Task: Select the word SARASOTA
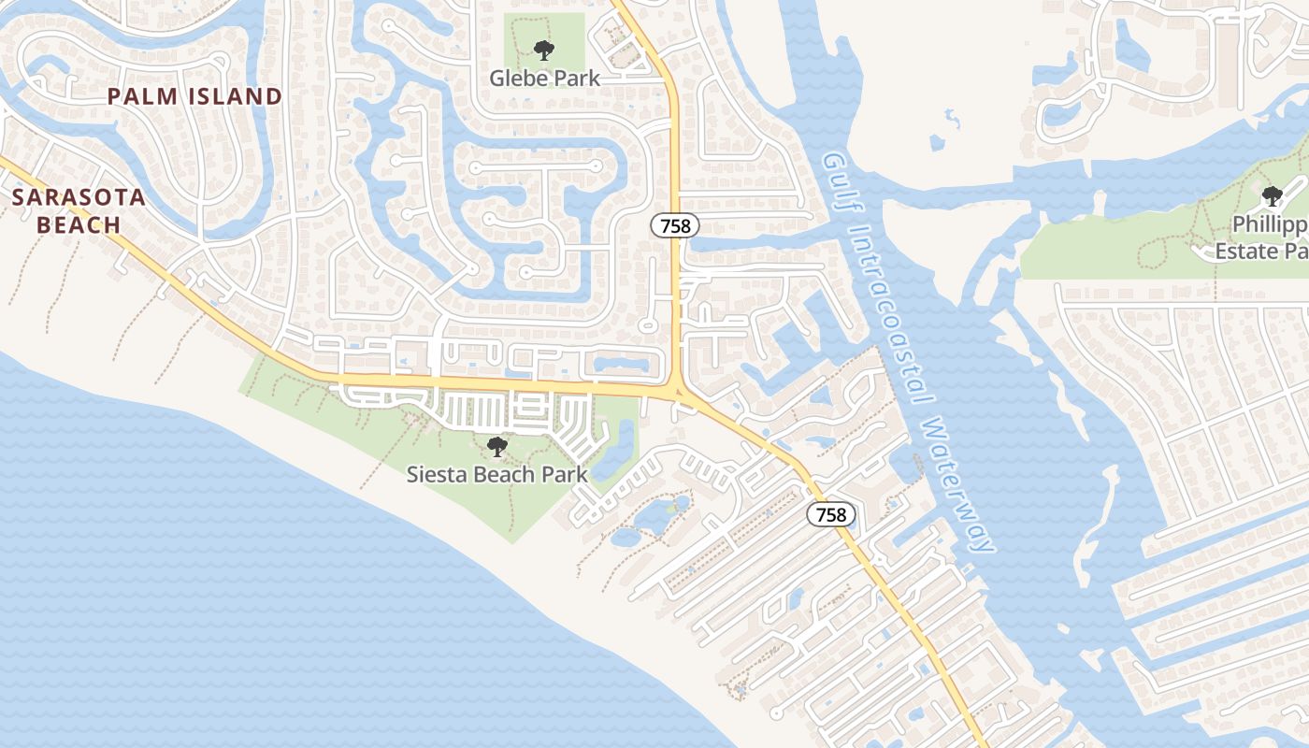point(79,198)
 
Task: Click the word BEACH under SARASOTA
point(79,225)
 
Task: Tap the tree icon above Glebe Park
point(544,50)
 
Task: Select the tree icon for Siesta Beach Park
point(497,447)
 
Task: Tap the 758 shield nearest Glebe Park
point(675,224)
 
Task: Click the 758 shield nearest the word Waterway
point(831,514)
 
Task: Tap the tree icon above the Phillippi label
point(1272,196)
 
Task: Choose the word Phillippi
point(1268,224)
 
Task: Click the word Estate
point(1247,251)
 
